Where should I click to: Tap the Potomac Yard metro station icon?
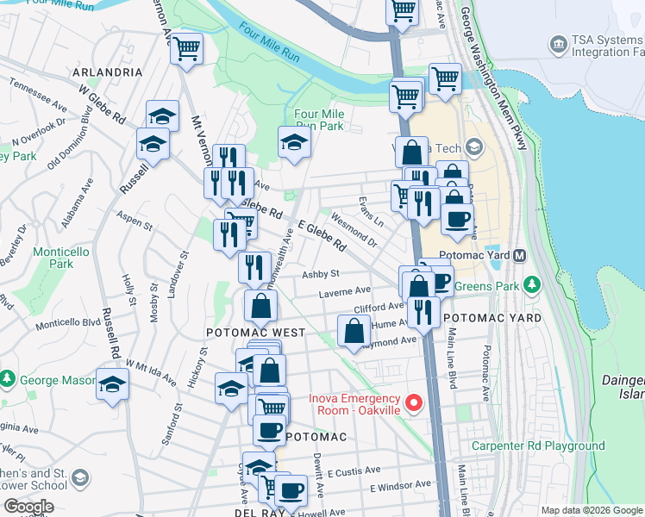coord(520,256)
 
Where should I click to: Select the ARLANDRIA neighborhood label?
coord(108,72)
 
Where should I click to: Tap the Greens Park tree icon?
coord(533,283)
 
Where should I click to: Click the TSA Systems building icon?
coord(559,43)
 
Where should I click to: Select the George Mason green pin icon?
coord(8,379)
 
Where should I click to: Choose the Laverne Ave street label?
coord(344,291)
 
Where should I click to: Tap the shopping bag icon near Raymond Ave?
coord(354,331)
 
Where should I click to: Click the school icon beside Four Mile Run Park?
coord(294,143)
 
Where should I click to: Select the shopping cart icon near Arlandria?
coord(185,49)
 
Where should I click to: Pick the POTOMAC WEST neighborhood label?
coord(254,333)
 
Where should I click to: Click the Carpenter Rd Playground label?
coord(537,445)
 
